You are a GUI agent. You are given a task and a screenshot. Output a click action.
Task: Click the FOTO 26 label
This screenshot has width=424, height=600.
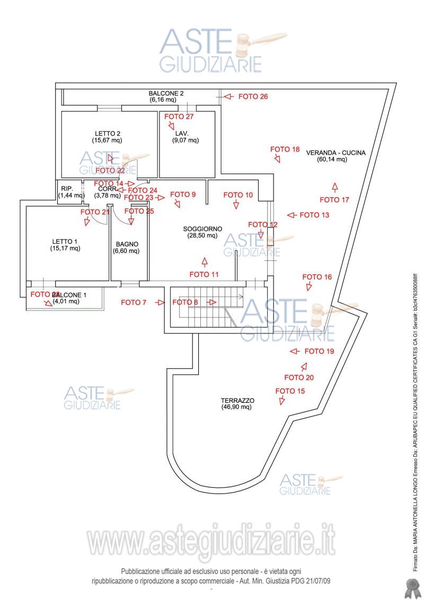(x=253, y=96)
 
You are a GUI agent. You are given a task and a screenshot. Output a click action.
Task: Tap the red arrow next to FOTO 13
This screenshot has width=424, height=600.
(x=290, y=215)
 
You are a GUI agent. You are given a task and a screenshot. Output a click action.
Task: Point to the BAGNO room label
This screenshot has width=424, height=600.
(x=127, y=244)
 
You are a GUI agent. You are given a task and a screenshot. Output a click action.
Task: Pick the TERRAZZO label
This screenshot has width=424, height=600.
(x=237, y=401)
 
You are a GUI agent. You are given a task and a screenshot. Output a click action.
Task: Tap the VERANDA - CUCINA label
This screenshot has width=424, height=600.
(x=335, y=153)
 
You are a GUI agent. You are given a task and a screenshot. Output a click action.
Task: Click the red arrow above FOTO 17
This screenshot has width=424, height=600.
(x=334, y=187)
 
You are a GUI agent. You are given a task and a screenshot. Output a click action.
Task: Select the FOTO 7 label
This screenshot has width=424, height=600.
(x=134, y=303)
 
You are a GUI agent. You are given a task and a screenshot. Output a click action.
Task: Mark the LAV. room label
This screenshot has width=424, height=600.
(x=182, y=134)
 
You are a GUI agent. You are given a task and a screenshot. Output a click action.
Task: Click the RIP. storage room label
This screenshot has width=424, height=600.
(x=67, y=189)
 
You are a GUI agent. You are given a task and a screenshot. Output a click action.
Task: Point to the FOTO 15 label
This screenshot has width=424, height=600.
(x=290, y=391)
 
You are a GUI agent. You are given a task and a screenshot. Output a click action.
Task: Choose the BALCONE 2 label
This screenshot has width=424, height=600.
(x=166, y=93)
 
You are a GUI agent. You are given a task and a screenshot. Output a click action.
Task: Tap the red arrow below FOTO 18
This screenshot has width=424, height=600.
(x=277, y=159)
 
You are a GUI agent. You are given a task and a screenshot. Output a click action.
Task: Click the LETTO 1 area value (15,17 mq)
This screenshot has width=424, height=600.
(x=65, y=248)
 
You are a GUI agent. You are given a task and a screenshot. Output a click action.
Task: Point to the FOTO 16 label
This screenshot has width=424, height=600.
(x=317, y=277)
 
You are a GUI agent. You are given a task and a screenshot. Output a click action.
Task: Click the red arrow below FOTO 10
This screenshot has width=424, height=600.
(x=236, y=205)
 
